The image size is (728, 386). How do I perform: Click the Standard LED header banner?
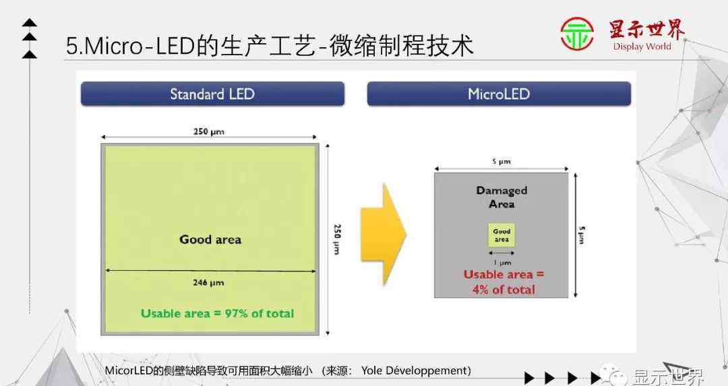[x=212, y=94]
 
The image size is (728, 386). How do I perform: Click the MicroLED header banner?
[x=499, y=94]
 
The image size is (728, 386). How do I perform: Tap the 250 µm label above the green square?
[x=209, y=132]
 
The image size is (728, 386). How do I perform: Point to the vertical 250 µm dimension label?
[x=338, y=239]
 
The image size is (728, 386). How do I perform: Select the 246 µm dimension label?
[x=208, y=282]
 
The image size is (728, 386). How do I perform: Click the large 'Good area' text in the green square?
[x=210, y=239]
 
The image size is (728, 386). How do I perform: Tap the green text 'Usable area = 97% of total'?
[x=217, y=314]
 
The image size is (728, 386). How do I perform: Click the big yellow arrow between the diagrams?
[x=384, y=234]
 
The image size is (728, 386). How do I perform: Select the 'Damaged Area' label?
[x=502, y=197]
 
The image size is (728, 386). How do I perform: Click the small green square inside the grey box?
[x=502, y=235]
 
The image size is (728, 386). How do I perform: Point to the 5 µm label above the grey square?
[x=502, y=162]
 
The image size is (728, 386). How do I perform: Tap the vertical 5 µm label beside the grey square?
[x=582, y=234]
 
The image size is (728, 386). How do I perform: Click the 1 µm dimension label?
[x=502, y=263]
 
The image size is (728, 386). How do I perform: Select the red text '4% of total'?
[x=504, y=290]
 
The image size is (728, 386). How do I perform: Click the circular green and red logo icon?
[x=576, y=34]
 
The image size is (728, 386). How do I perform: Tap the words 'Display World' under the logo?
[x=642, y=46]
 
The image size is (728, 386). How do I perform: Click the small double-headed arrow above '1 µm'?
[x=502, y=253]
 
